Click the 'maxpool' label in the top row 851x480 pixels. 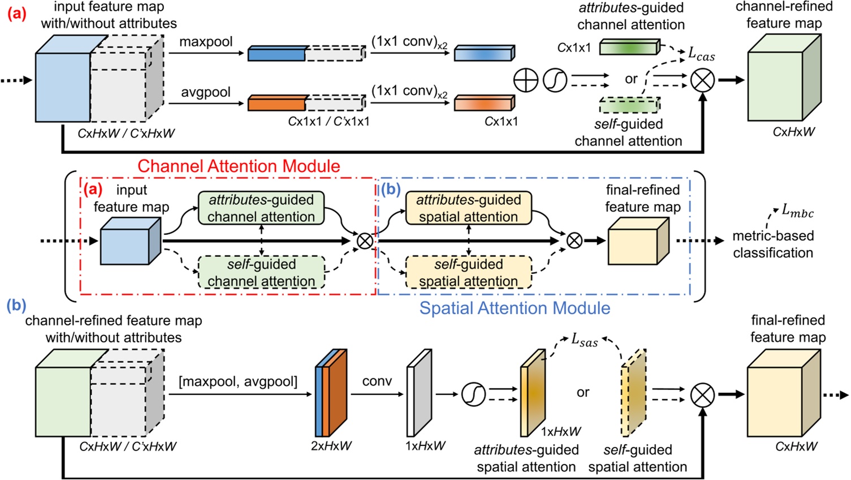206,42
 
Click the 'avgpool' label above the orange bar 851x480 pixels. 206,92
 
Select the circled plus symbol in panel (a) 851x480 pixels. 525,80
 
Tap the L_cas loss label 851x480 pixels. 701,54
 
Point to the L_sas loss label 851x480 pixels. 584,340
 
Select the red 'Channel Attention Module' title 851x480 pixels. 239,166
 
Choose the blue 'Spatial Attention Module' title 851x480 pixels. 515,308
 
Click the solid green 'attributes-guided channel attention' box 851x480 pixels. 261,208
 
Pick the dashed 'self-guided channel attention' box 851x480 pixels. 261,272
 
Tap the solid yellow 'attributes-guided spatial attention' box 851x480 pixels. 468,208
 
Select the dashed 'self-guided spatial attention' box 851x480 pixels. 468,272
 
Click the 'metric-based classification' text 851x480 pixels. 772,244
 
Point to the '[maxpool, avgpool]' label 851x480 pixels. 237,382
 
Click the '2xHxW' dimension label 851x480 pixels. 331,446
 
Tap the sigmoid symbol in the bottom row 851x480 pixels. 473,394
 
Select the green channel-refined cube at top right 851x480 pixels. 784,79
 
